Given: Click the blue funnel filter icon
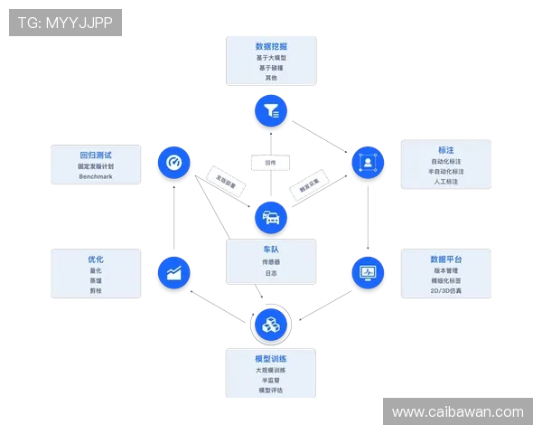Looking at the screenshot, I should [270, 111].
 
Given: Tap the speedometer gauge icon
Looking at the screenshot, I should [173, 163].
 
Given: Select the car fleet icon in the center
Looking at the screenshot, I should [270, 217].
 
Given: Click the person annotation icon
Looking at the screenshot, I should [368, 163].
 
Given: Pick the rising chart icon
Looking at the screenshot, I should [173, 271].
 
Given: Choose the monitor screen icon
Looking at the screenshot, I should [368, 271].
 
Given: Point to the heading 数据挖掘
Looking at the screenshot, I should [271, 46].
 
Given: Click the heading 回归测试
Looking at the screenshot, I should [96, 155].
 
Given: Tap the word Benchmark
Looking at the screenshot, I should [96, 176].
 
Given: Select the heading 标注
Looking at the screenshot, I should [445, 150].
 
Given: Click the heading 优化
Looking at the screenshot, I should [96, 259].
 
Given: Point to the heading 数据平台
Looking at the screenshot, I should [445, 259].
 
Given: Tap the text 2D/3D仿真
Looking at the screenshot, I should [445, 291].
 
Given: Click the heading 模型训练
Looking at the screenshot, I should [271, 359].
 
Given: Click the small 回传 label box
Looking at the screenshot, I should [270, 163].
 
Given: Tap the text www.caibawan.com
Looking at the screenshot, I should [457, 412].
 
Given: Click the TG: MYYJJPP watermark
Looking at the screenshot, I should [65, 23].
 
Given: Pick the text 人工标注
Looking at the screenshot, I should [445, 182].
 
